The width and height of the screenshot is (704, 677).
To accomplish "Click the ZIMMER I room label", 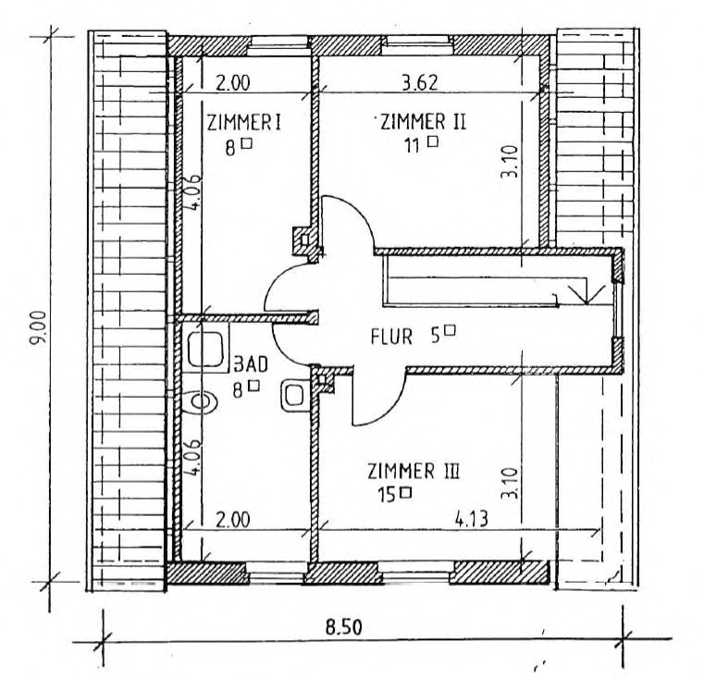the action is (244, 122).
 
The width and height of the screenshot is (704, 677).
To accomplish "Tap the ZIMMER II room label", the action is (424, 122).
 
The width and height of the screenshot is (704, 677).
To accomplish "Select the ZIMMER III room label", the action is (414, 472).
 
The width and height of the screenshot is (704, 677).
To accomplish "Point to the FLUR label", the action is (391, 337).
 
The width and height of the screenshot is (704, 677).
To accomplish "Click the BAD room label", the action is (252, 364).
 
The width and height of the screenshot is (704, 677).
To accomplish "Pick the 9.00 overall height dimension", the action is (39, 327).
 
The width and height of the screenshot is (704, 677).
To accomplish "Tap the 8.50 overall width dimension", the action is (344, 627).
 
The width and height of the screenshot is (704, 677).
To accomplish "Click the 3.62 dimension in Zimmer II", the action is (419, 82).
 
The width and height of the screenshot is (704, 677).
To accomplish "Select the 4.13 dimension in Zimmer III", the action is (471, 520).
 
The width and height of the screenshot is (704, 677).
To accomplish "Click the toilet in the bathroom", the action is (201, 401).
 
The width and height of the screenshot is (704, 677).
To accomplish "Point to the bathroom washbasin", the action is (295, 396).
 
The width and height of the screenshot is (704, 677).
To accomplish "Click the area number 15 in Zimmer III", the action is (386, 495).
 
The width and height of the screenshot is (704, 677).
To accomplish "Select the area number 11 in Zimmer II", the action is (412, 145).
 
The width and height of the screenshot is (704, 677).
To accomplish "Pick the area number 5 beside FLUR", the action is (436, 337).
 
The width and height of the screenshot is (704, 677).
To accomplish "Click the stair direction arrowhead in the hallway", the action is (587, 294).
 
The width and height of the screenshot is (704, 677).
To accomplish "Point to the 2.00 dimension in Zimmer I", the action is (232, 83).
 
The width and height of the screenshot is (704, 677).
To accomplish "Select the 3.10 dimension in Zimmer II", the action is (510, 162).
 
